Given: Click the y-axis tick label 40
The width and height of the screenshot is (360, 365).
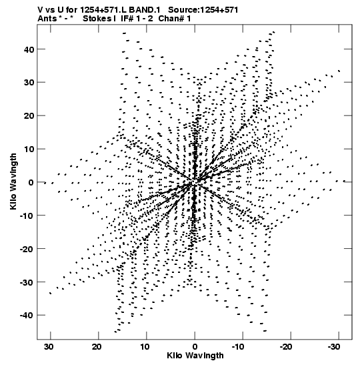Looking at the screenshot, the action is pos(29,49).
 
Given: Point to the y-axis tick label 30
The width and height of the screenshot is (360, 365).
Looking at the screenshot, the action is pos(29,82).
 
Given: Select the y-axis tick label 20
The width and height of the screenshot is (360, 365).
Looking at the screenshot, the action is pos(29,115).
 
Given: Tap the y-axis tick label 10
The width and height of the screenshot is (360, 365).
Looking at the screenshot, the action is pos(29,149).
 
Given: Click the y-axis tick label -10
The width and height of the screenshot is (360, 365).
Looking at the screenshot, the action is pos(27,216).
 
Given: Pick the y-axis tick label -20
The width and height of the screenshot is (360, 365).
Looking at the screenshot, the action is pos(27,249).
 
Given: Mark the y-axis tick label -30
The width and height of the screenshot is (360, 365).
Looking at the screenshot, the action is pos(27,282).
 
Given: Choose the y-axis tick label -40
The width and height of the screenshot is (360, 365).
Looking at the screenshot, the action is pos(27,316).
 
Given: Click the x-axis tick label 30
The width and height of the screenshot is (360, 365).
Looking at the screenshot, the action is pos(49,347).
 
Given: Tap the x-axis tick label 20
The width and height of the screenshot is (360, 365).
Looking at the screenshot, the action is pos(97,347).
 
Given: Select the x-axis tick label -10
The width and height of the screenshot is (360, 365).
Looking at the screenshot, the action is pos(238,347).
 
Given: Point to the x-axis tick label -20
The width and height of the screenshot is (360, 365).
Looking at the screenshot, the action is pos(286,347).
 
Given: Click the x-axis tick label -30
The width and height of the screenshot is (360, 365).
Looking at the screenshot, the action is pos(334,347).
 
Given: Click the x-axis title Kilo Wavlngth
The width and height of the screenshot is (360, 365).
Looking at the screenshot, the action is pos(195,356).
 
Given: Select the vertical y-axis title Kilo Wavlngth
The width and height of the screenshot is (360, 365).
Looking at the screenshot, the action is pos(13,181).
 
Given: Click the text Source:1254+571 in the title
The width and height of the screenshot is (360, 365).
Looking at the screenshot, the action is pos(203,10).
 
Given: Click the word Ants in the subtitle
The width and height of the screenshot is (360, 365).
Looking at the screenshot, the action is pos(47,19).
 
